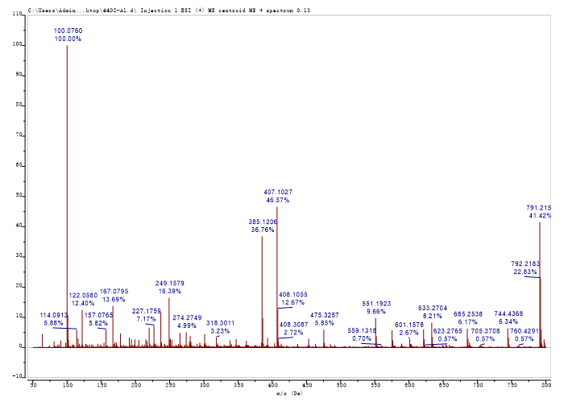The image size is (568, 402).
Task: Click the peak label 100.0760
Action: [x=68, y=31]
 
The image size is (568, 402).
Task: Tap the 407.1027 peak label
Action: [x=276, y=192]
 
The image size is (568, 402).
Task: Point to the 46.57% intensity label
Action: [x=276, y=200]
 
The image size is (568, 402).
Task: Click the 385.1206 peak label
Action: [x=263, y=221]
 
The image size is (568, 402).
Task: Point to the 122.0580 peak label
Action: [x=83, y=295]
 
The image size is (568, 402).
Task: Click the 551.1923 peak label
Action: [x=376, y=303]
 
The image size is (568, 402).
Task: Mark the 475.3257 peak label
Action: [x=325, y=314]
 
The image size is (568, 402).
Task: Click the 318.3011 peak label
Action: [x=220, y=322]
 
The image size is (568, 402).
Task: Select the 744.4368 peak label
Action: [x=509, y=313]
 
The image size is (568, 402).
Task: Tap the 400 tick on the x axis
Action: [x=273, y=384]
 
